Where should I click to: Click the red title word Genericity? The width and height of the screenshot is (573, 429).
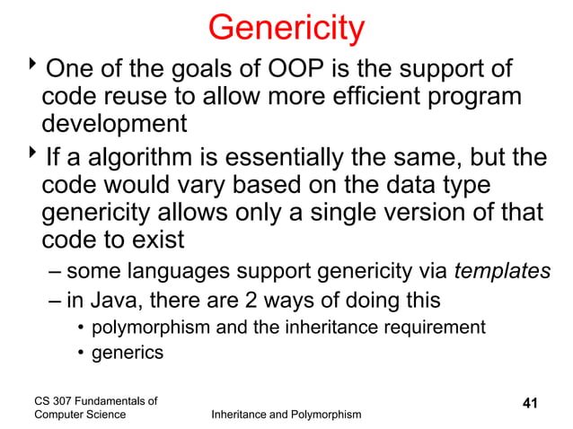pyautogui.click(x=286, y=28)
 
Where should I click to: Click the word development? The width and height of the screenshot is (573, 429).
pyautogui.click(x=114, y=123)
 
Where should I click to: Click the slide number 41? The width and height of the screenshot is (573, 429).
pyautogui.click(x=529, y=404)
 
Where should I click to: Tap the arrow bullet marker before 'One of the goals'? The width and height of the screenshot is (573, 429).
pyautogui.click(x=34, y=66)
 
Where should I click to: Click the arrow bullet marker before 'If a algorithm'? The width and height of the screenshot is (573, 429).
pyautogui.click(x=34, y=157)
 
